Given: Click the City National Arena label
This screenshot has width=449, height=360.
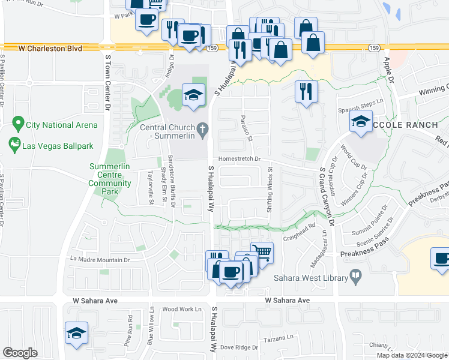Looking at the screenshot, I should pyautogui.click(x=61, y=125).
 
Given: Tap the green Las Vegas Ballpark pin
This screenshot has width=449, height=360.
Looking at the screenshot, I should pyautogui.click(x=13, y=145).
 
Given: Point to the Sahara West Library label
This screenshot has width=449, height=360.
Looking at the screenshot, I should pyautogui.click(x=311, y=278).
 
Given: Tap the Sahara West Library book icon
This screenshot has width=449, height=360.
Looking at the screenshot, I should pyautogui.click(x=357, y=278).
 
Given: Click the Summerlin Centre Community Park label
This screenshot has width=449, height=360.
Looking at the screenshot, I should pyautogui.click(x=110, y=179).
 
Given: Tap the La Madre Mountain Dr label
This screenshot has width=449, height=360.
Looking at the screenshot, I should pyautogui.click(x=100, y=260).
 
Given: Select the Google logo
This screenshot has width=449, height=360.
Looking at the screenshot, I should pyautogui.click(x=20, y=352).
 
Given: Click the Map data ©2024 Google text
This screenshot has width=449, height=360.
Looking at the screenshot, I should pyautogui.click(x=412, y=355).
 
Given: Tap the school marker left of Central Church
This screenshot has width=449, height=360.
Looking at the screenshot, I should pyautogui.click(x=194, y=95).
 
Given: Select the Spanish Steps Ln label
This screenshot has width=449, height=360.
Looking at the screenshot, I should pyautogui.click(x=360, y=103).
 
